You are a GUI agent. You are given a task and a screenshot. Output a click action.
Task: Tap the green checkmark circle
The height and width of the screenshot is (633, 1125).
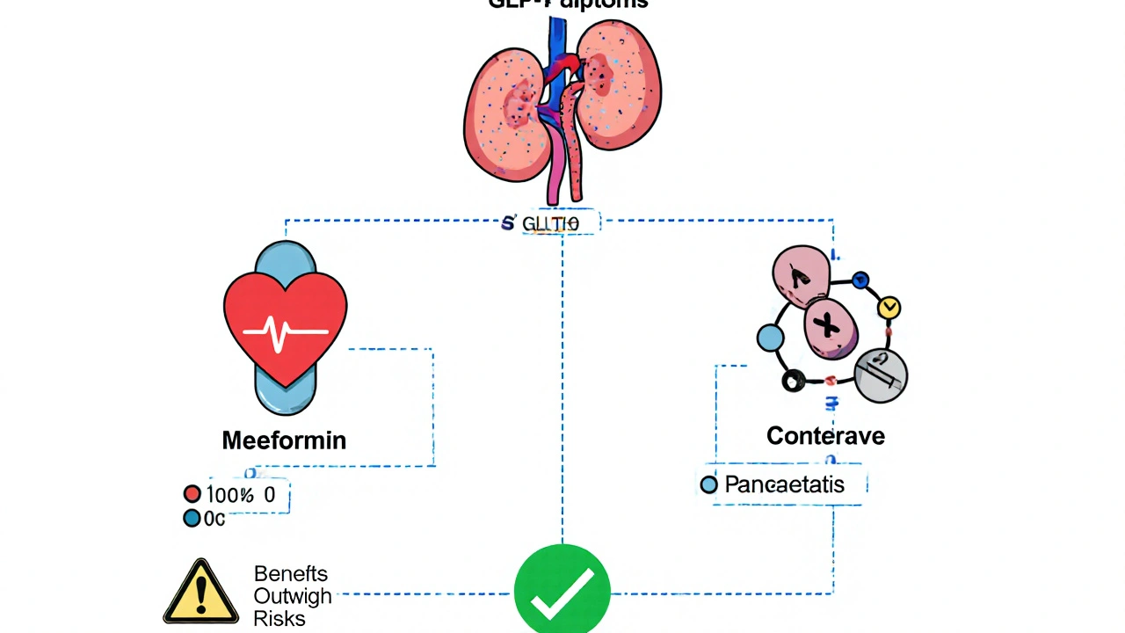[x=562, y=588]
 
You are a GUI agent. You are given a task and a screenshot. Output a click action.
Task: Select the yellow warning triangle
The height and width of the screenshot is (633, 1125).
[x=201, y=593]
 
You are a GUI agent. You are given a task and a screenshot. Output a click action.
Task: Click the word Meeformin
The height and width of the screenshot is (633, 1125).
[x=284, y=440]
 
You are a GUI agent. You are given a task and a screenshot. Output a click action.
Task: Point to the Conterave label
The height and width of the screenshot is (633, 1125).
[x=825, y=435]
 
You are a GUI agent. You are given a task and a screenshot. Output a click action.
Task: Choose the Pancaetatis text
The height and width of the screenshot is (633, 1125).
[x=784, y=484]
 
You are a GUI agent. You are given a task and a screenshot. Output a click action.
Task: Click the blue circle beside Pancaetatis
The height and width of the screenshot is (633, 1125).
[x=708, y=484]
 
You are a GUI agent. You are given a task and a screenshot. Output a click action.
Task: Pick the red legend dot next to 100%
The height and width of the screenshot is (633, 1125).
[x=192, y=494]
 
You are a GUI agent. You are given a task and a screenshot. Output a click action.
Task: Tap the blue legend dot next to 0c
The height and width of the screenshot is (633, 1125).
[x=192, y=519]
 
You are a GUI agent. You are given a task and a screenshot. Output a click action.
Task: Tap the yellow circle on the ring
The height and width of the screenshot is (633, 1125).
[x=889, y=308]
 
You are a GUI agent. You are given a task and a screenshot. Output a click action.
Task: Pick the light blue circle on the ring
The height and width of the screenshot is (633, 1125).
[x=770, y=338]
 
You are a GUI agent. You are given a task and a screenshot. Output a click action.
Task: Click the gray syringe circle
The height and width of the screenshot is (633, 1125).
[x=881, y=375]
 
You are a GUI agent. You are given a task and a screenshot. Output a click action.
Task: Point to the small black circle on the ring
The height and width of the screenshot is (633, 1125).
[x=794, y=381]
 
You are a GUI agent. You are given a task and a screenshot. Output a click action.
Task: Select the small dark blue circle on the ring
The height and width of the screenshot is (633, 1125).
[x=861, y=280]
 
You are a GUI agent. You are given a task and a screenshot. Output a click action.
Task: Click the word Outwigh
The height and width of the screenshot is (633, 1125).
[x=293, y=596]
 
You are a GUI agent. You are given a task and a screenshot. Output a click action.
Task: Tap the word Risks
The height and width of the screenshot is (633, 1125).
[x=279, y=619]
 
